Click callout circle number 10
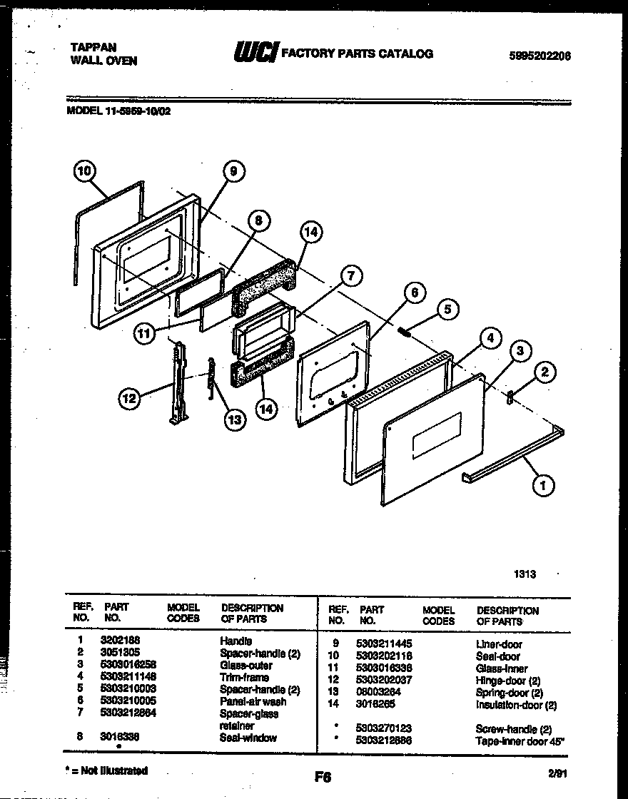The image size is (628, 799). tap(84, 171)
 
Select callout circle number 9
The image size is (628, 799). tap(233, 171)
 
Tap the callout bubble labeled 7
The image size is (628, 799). tap(350, 275)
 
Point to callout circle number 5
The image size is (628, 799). tap(447, 309)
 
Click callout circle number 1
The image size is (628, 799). tap(542, 486)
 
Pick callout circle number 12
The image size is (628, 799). tap(129, 399)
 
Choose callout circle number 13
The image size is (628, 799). tap(234, 419)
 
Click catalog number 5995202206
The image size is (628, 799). tap(540, 56)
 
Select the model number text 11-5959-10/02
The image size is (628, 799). tap(135, 111)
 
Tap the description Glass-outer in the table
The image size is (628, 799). tap(245, 666)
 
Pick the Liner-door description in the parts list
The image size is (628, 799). tap(499, 644)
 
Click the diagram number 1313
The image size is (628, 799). tap(525, 574)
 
